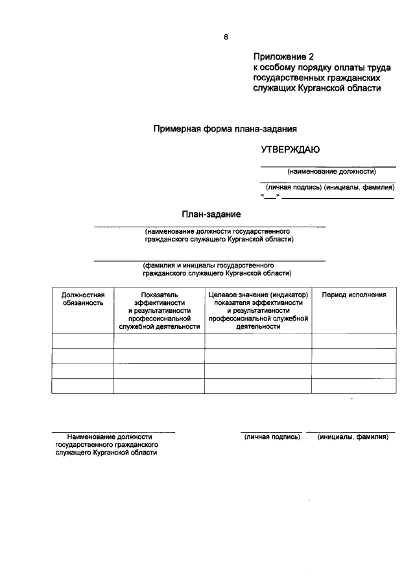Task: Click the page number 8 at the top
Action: tap(226, 37)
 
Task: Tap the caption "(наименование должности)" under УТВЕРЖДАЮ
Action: tap(332, 172)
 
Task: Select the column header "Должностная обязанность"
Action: tap(83, 299)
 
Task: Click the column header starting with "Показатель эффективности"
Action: tap(159, 310)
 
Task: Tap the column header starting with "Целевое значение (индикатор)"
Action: tap(258, 310)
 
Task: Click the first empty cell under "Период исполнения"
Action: tap(354, 341)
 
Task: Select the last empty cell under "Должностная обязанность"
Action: tap(83, 385)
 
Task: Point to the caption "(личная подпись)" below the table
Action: tap(272, 437)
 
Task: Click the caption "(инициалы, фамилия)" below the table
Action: tap(352, 437)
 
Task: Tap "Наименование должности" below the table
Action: tap(108, 437)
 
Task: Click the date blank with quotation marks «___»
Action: tap(270, 196)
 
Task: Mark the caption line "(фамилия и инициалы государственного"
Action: tap(209, 265)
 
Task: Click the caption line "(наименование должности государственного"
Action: tap(217, 231)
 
